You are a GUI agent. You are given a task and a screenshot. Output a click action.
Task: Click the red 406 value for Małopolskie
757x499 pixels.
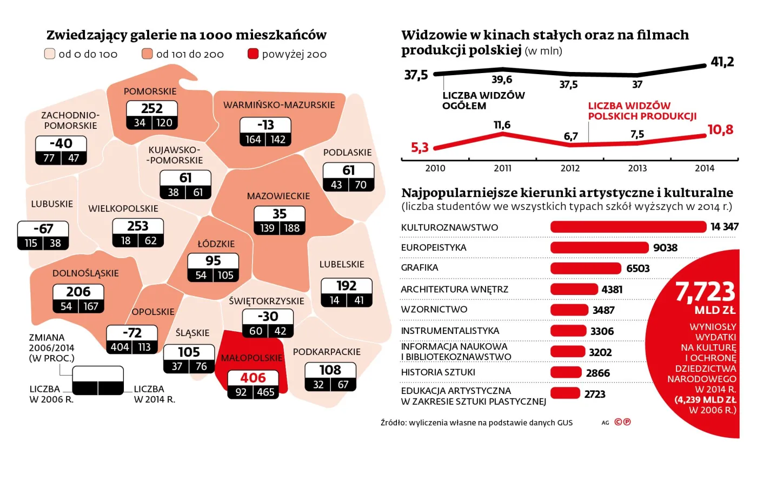[x=253, y=377]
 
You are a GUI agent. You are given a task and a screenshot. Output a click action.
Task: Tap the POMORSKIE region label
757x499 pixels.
[x=150, y=91]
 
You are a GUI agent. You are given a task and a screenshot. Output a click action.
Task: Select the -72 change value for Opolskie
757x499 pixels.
[x=132, y=332]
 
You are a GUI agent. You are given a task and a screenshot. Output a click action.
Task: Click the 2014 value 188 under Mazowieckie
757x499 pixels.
[x=292, y=228]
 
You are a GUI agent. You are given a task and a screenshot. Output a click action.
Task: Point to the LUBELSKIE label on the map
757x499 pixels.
[x=342, y=265]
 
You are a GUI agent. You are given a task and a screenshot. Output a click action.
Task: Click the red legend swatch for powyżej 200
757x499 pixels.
[x=253, y=54]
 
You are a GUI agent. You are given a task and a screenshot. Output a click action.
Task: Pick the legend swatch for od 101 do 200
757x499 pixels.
[x=147, y=54]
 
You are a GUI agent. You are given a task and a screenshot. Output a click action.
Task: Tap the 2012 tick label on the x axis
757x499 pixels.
[x=570, y=168]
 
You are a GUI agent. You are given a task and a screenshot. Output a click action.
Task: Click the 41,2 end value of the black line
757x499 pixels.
[x=722, y=62]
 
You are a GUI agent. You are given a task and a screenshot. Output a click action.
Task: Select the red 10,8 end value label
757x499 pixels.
[x=720, y=130]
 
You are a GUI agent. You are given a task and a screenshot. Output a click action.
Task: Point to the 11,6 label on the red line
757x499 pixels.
[x=502, y=125]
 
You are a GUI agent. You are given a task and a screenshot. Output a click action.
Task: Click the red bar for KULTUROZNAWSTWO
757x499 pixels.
[x=628, y=227]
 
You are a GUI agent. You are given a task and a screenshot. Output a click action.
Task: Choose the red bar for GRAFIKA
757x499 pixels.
[x=586, y=268]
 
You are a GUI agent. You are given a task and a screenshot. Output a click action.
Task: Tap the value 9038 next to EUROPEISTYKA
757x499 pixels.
[x=665, y=248]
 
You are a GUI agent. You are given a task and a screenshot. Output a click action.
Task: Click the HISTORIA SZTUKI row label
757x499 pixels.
[x=437, y=372]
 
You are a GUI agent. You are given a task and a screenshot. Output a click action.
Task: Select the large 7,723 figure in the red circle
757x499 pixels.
[x=705, y=292]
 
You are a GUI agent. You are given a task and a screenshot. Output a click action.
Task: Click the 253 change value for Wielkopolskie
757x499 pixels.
[x=138, y=226]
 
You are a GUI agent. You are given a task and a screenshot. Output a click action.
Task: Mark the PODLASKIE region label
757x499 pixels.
[x=347, y=153]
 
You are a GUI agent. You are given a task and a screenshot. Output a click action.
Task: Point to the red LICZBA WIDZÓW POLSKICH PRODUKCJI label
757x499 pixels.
[x=642, y=111]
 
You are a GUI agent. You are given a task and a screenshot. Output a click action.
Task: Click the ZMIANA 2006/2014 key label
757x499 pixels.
[x=51, y=347]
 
